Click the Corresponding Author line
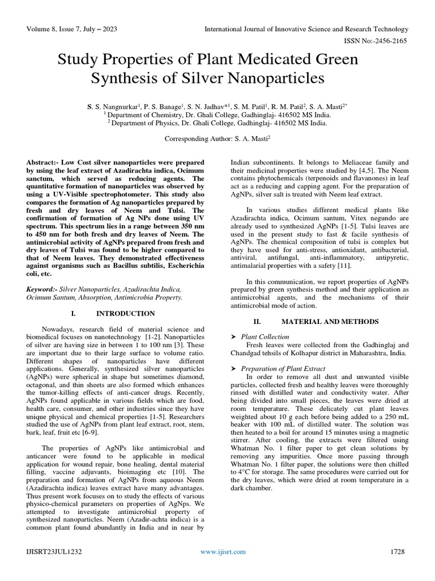tap(217, 138)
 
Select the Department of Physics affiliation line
tap(217, 121)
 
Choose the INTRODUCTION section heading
tap(125, 313)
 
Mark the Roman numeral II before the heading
tap(257, 322)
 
